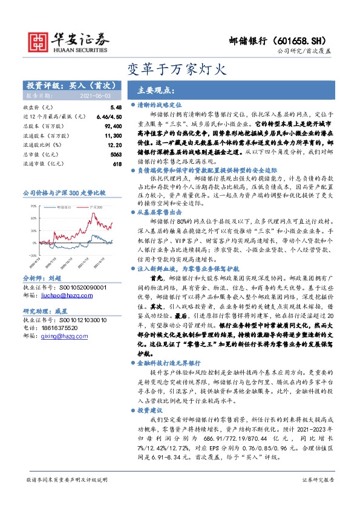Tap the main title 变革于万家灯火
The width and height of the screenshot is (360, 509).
point(180,68)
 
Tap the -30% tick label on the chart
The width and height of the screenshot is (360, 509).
point(31,256)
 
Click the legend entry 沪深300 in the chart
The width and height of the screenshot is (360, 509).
point(95,207)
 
